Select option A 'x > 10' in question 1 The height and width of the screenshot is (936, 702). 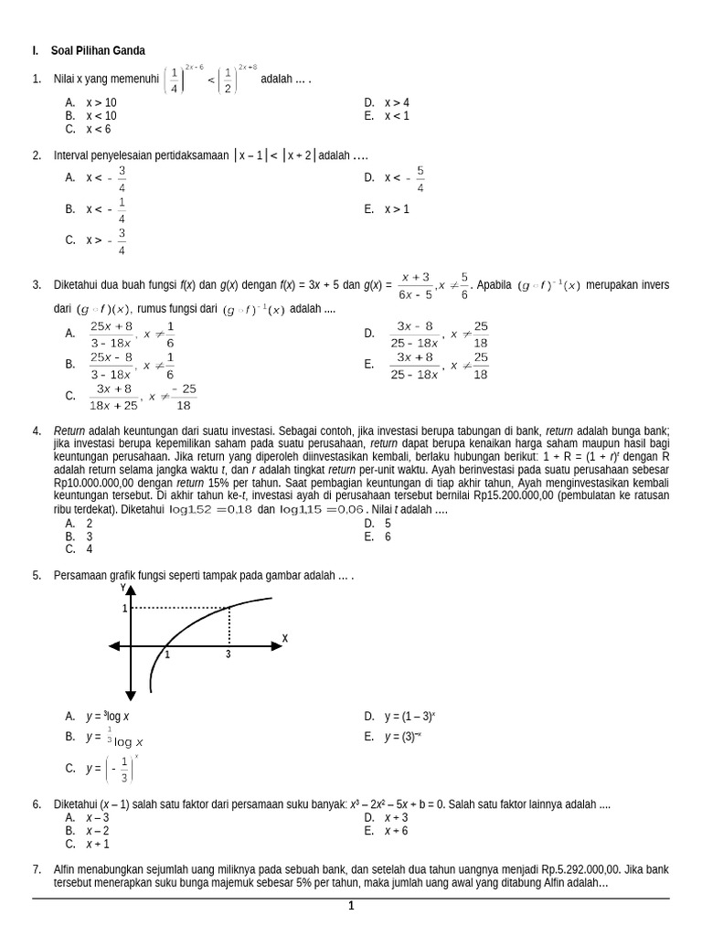click(x=101, y=102)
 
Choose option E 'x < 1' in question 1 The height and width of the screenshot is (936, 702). click(x=396, y=116)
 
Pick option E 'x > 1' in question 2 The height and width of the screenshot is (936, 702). click(x=396, y=209)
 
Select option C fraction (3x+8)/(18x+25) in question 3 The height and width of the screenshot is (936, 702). click(x=113, y=396)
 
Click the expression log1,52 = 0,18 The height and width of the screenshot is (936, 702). click(x=211, y=509)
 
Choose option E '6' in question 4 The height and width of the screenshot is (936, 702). click(x=388, y=537)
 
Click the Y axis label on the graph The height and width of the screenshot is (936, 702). click(x=123, y=589)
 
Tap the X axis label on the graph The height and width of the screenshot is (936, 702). click(x=284, y=638)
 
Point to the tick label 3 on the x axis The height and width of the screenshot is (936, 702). click(x=228, y=655)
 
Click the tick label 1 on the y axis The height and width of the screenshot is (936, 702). click(x=124, y=608)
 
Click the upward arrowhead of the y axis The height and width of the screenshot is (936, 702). click(x=131, y=590)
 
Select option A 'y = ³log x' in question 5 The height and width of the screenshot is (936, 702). click(x=108, y=717)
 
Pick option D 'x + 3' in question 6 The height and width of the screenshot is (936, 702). click(x=396, y=817)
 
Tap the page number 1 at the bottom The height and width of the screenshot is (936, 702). click(x=351, y=906)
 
